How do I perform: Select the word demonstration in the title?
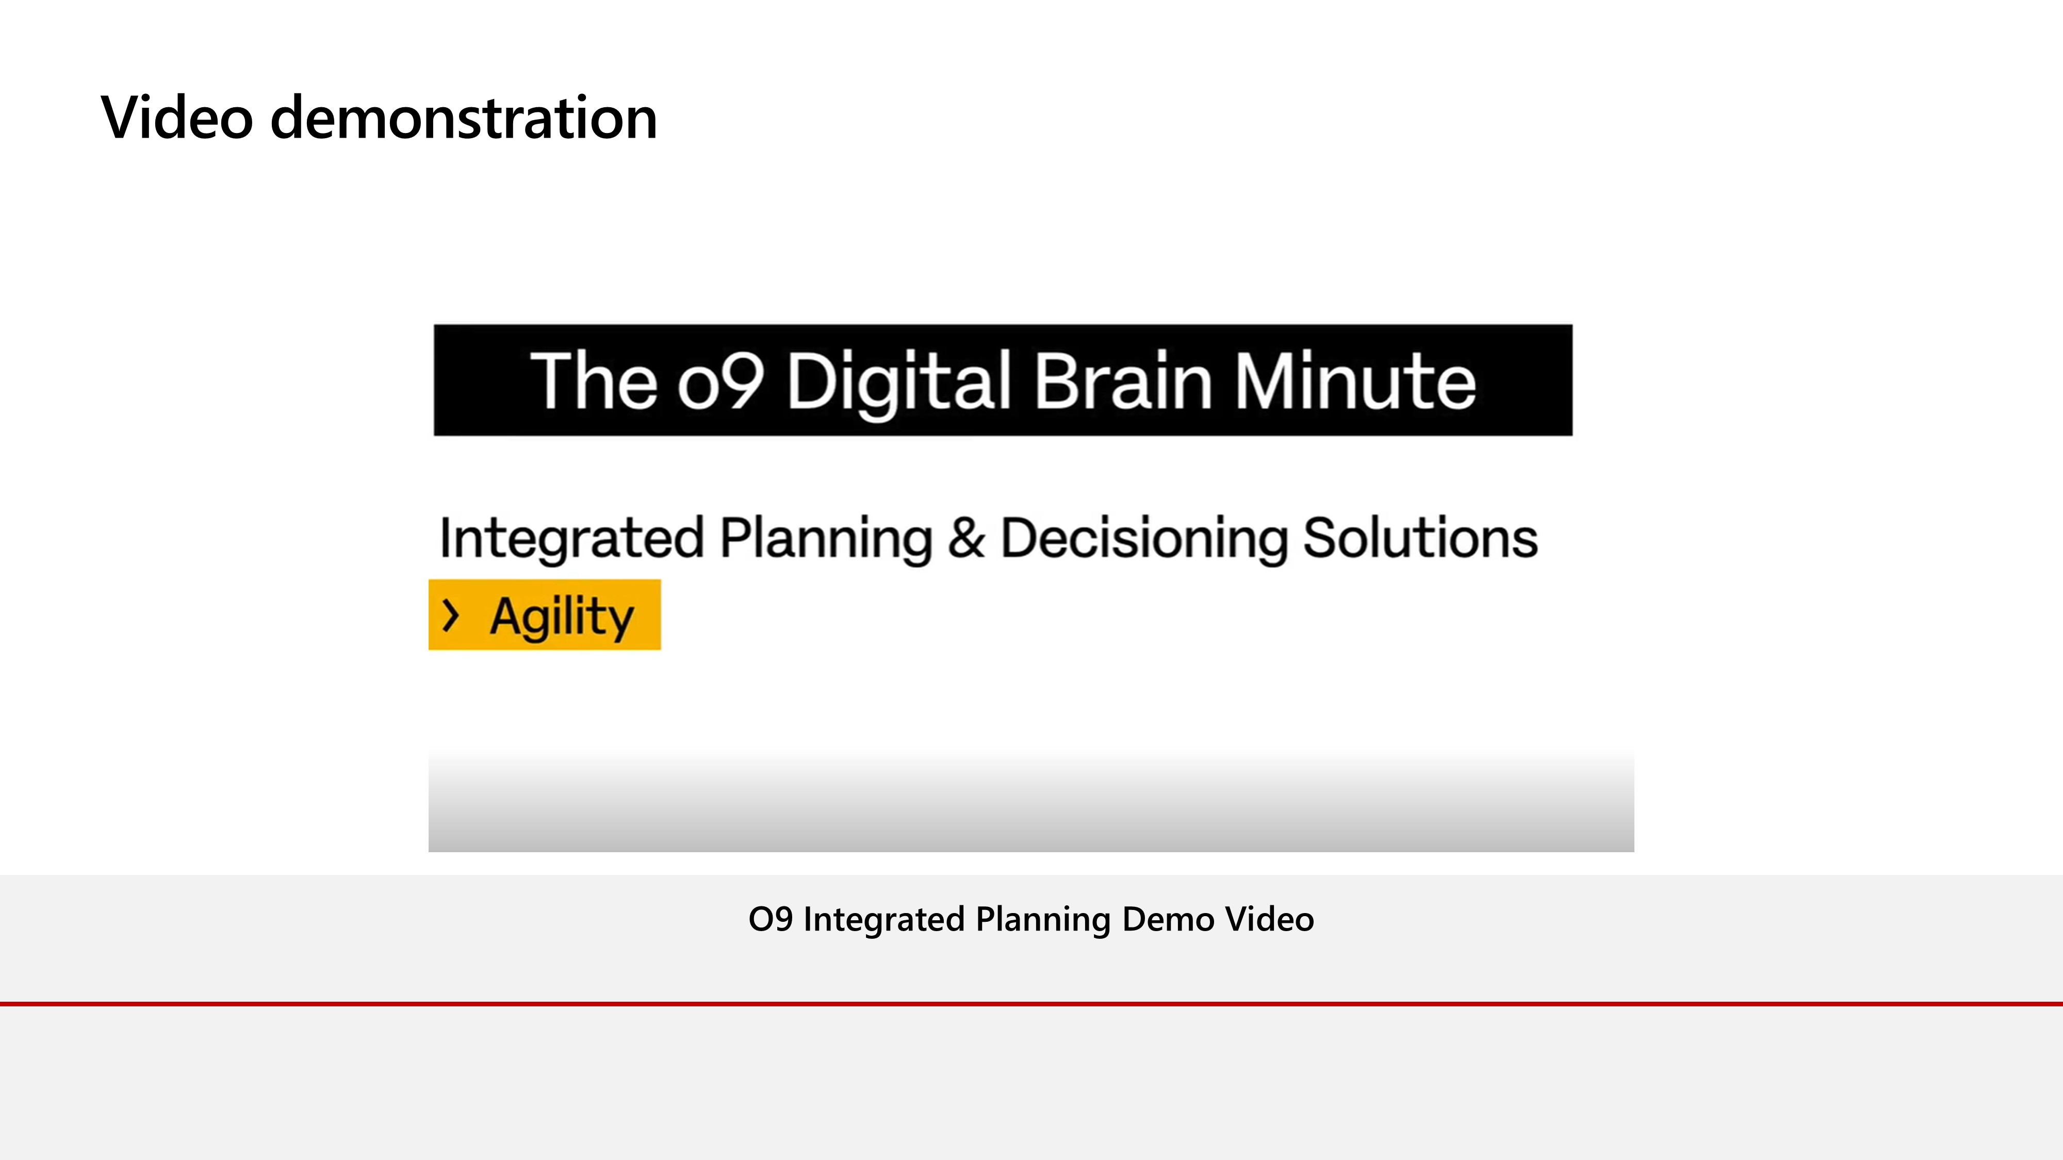pyautogui.click(x=464, y=118)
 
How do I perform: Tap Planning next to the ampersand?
pyautogui.click(x=826, y=538)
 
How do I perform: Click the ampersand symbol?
pyautogui.click(x=966, y=537)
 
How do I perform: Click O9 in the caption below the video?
pyautogui.click(x=771, y=919)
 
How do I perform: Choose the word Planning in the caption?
pyautogui.click(x=1043, y=920)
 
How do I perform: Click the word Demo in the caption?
pyautogui.click(x=1169, y=919)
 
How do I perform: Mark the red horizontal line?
pyautogui.click(x=1031, y=1003)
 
